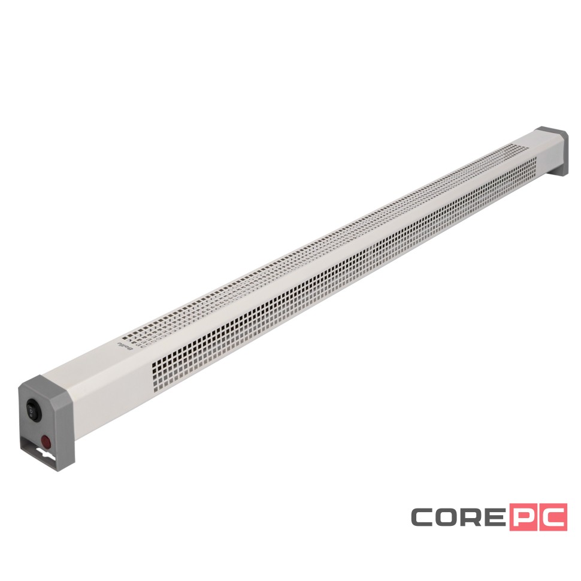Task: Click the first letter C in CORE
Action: pyautogui.click(x=424, y=517)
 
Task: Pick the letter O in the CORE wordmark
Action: pyautogui.click(x=450, y=517)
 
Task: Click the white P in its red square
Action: pyautogui.click(x=525, y=517)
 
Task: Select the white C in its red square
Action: pyautogui.click(x=552, y=517)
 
